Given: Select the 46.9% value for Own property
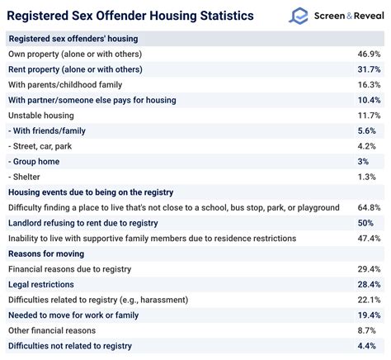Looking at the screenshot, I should [x=367, y=54].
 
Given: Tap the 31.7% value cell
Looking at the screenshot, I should [x=367, y=69].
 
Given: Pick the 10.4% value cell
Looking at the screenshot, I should [x=367, y=100].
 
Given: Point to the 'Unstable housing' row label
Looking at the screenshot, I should [x=41, y=116].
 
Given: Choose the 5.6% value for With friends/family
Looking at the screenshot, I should [x=370, y=130].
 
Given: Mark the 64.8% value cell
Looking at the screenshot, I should [x=367, y=207].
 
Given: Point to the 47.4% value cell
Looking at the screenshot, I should [x=367, y=239].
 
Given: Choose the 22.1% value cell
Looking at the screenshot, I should [x=367, y=300].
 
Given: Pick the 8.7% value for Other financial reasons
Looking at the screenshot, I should [x=370, y=330].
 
